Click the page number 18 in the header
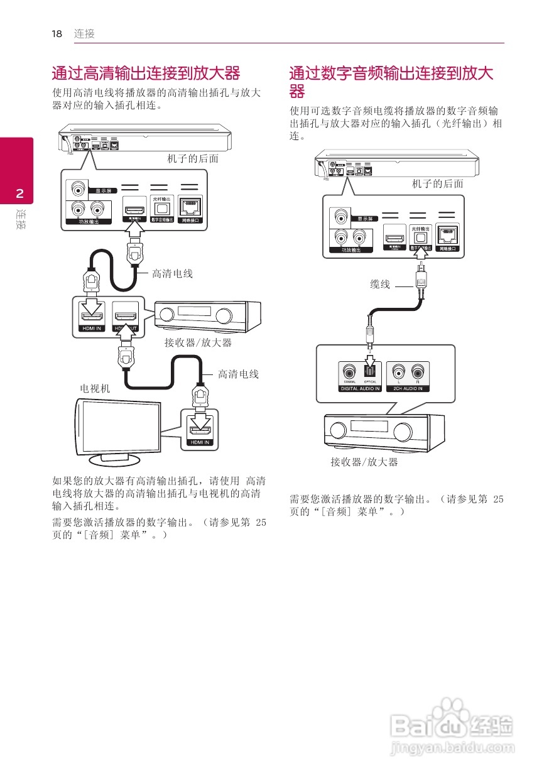[57, 34]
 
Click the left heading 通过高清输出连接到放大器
[146, 73]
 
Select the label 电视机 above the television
[94, 389]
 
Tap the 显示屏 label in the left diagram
[104, 190]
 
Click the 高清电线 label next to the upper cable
[172, 273]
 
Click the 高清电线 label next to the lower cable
[238, 374]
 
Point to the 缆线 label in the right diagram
[380, 285]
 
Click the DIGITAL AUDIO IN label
[360, 389]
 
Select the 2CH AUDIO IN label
[408, 389]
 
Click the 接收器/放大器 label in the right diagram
[364, 462]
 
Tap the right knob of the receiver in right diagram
[403, 430]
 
